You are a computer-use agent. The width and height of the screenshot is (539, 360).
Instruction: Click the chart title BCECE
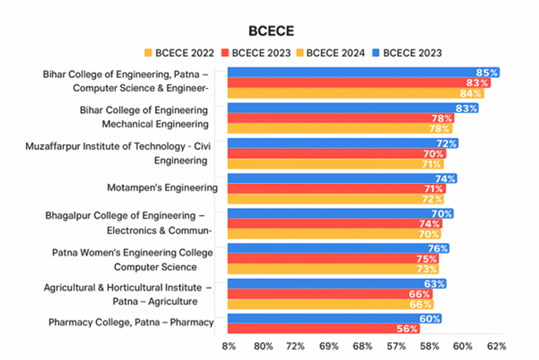(271, 31)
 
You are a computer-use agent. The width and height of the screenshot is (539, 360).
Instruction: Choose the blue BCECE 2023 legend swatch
(376, 53)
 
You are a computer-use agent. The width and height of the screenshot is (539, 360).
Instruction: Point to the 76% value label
(438, 249)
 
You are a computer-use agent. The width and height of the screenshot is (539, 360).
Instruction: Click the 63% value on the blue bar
(435, 284)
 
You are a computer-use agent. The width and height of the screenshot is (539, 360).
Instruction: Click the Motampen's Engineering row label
(162, 188)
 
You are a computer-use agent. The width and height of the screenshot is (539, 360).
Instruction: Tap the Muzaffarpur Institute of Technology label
(118, 147)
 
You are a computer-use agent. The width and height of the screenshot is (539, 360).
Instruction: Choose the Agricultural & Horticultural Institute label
(128, 288)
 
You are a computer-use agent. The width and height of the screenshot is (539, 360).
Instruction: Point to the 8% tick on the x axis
(229, 347)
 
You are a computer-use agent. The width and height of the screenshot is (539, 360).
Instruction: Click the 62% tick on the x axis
(496, 347)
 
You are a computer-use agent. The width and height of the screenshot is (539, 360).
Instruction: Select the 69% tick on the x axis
(329, 347)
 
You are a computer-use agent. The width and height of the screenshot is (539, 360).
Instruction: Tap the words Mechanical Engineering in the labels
(155, 124)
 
